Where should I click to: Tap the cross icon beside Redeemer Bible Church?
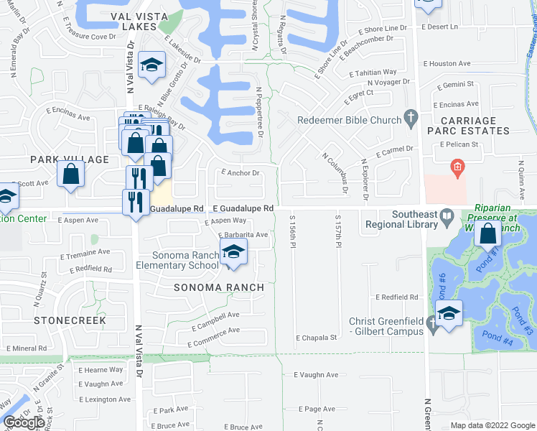[411, 116]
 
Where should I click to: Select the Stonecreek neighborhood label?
[70, 320]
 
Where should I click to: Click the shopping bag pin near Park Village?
[70, 175]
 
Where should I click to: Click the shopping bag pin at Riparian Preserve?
[487, 234]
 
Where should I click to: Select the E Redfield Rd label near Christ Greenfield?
[396, 297]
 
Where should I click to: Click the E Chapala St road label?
[317, 337]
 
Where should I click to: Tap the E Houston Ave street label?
[446, 63]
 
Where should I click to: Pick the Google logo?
[24, 422]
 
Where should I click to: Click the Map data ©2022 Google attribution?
[492, 425]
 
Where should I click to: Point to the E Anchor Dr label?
[240, 172]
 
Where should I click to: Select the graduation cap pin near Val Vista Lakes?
[152, 65]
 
